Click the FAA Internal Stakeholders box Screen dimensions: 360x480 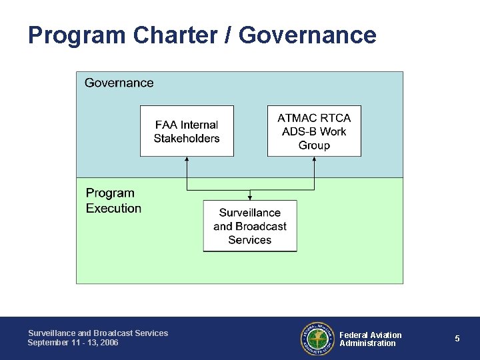(x=187, y=131)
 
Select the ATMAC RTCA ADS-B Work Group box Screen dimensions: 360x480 (x=314, y=131)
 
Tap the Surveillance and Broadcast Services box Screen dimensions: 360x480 (x=250, y=226)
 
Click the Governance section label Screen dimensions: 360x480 (x=119, y=83)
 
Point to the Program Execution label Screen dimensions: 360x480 (x=113, y=201)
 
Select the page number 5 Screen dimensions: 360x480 (x=457, y=339)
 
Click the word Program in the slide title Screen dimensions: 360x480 (x=70, y=35)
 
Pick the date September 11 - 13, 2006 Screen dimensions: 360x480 (x=73, y=343)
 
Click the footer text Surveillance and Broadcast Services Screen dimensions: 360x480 (x=98, y=333)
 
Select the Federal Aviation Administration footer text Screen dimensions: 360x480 (x=371, y=339)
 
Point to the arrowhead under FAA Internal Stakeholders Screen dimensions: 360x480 (x=187, y=159)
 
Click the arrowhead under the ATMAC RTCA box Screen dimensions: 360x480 (x=314, y=159)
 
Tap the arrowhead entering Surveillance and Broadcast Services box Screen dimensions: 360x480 (x=250, y=197)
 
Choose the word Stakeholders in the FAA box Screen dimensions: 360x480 (x=187, y=139)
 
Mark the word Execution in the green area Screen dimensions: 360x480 (x=113, y=209)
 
